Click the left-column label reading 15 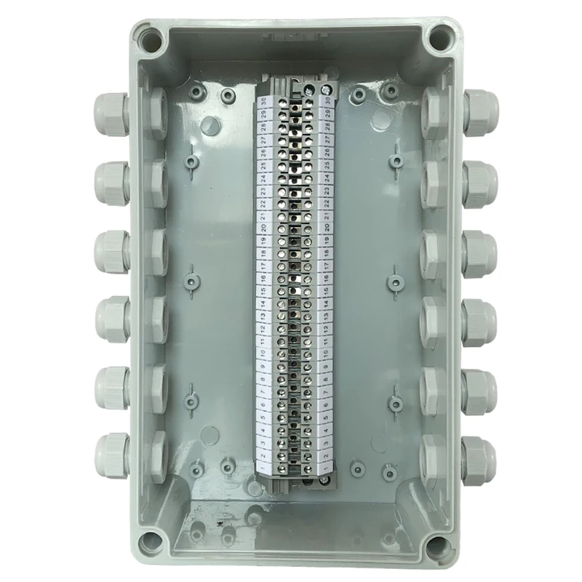(262, 285)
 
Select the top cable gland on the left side (111, 110)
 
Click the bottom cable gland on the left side (111, 451)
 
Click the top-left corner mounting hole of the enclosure (153, 36)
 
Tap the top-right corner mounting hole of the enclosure (439, 35)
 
